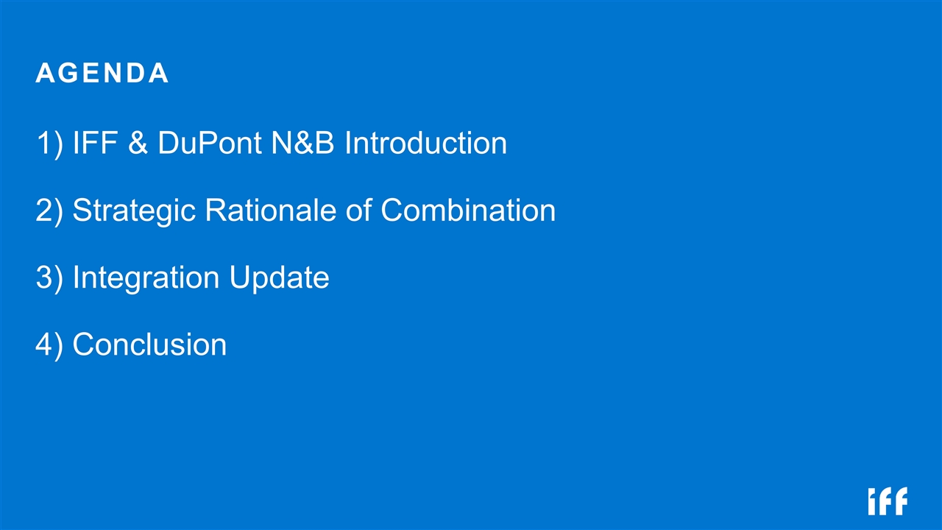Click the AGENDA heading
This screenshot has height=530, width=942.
[x=102, y=73]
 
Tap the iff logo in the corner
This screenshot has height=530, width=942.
[x=888, y=501]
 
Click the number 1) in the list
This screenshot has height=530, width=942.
[x=49, y=143]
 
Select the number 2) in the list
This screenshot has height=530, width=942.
[x=49, y=210]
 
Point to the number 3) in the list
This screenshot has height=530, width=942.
[x=49, y=278]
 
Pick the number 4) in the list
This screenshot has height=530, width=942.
[x=49, y=344]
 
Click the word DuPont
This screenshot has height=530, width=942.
[x=210, y=143]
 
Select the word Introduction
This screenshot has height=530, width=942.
[x=425, y=143]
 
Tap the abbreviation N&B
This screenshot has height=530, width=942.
[x=302, y=143]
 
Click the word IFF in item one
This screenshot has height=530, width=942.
[x=95, y=143]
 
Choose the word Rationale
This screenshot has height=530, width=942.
[x=270, y=210]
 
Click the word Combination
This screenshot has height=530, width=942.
[x=468, y=210]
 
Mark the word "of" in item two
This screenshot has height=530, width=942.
[x=358, y=210]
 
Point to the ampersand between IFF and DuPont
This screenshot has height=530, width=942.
[x=138, y=143]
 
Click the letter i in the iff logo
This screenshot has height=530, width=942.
[x=873, y=502]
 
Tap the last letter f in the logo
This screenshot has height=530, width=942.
[x=901, y=501]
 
